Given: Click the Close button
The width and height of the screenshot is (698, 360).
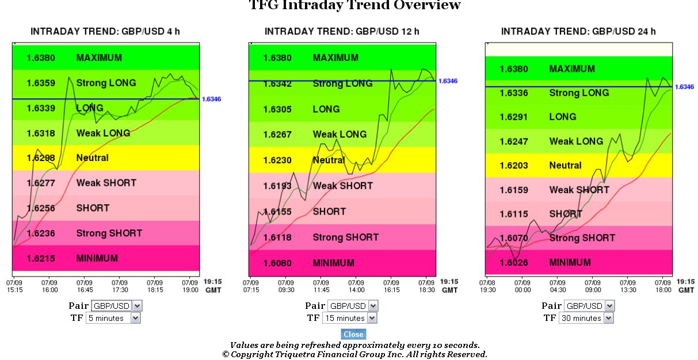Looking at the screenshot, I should [x=353, y=334].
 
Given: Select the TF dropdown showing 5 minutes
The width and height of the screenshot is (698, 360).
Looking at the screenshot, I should [x=113, y=318].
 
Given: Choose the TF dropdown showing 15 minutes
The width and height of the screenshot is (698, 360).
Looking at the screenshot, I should [x=349, y=318].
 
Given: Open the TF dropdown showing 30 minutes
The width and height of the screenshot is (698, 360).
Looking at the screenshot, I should [x=586, y=318].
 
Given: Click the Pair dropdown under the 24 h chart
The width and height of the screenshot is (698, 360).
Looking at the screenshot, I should [x=589, y=305].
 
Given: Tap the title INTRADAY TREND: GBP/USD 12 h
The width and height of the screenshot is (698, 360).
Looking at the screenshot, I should [x=342, y=31].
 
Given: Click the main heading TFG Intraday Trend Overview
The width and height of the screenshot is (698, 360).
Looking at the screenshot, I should [x=354, y=6].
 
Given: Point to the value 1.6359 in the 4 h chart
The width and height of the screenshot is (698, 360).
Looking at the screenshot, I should [x=41, y=83].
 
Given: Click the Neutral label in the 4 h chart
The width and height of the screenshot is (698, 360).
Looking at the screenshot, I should [x=92, y=158].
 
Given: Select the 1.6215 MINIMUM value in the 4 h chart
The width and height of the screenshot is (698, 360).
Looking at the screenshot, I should [x=41, y=258].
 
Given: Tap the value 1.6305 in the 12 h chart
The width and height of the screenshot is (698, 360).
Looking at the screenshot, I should [x=277, y=109].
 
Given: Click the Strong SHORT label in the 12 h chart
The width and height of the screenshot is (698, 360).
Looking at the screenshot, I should [x=345, y=237].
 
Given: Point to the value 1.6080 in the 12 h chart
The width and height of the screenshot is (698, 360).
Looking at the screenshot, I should [x=277, y=263].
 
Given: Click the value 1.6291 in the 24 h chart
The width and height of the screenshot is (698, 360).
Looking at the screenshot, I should [x=514, y=117].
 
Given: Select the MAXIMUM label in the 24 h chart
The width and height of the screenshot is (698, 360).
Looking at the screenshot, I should [x=572, y=69].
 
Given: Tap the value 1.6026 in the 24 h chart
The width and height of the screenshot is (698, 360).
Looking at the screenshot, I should [x=514, y=262].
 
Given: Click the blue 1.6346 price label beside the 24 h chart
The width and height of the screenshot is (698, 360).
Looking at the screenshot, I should [x=684, y=87].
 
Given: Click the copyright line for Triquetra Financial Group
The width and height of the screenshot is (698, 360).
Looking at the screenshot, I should [x=354, y=354].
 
